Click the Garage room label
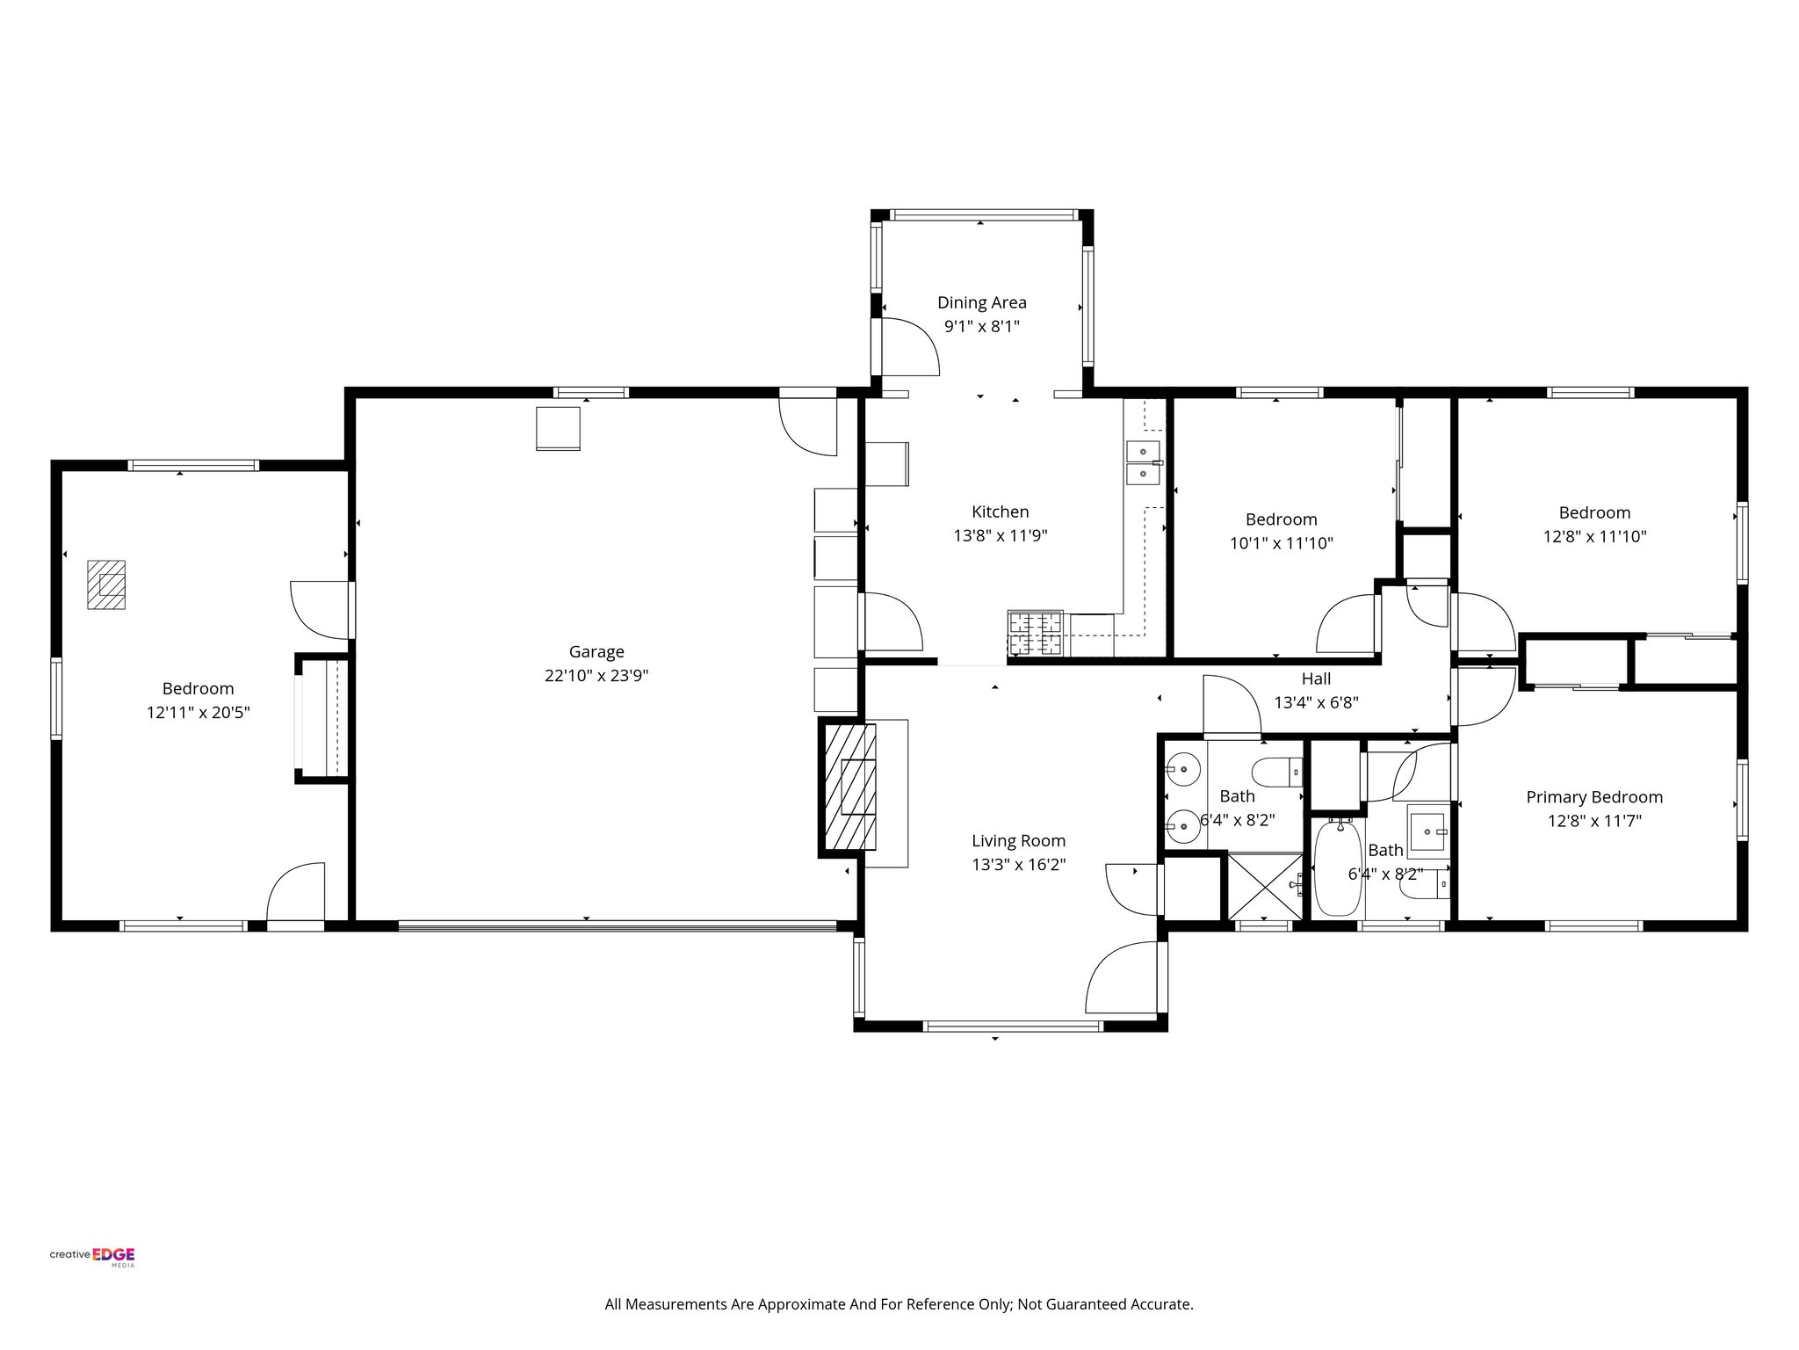(x=596, y=651)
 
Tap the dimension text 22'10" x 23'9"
(x=596, y=676)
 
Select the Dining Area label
(x=981, y=302)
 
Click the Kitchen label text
(x=1000, y=512)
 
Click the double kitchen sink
(x=1143, y=462)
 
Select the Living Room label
(x=1018, y=840)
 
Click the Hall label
(x=1316, y=679)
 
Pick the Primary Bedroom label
(x=1593, y=797)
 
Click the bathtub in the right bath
(x=1338, y=867)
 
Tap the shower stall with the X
(x=1264, y=886)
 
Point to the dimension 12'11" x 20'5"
(x=199, y=713)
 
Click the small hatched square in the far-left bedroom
(x=106, y=584)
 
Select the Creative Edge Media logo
(x=92, y=1257)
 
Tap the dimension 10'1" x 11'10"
(x=1281, y=544)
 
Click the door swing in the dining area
(x=909, y=345)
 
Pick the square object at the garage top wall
(x=558, y=429)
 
